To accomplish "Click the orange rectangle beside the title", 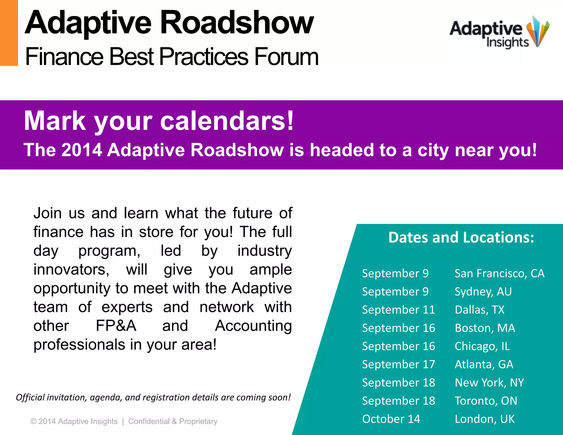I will [x=9, y=33].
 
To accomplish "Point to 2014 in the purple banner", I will [x=82, y=150].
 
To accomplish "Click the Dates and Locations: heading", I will [x=461, y=237].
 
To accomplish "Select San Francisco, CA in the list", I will [x=499, y=273].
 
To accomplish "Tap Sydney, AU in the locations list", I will [x=483, y=291].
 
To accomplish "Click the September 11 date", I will [x=398, y=310].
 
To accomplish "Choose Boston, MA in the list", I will [x=485, y=328].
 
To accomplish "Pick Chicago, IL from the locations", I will [x=482, y=346].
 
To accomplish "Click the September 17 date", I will [x=398, y=364].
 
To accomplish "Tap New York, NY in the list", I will [x=489, y=382].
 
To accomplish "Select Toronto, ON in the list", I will [x=486, y=401].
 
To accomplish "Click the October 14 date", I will [x=391, y=419].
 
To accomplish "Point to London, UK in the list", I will [x=484, y=419].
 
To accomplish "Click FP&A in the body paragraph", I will [x=116, y=326].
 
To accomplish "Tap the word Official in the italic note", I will [x=30, y=397].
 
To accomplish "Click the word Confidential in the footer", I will [x=149, y=421].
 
